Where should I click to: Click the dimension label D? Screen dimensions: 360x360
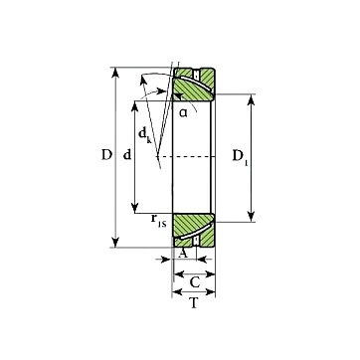(106, 155)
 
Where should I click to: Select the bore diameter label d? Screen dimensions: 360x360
(127, 155)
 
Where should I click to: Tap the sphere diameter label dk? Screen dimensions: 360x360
(145, 135)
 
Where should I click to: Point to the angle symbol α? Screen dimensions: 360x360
(183, 113)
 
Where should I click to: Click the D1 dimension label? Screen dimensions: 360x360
(241, 156)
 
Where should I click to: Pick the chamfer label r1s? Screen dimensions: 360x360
(158, 220)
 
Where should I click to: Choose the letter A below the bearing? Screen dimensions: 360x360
(183, 254)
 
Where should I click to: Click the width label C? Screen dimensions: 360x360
(195, 282)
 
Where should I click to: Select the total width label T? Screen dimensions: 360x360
(194, 302)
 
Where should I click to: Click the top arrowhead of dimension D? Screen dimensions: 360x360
(115, 73)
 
